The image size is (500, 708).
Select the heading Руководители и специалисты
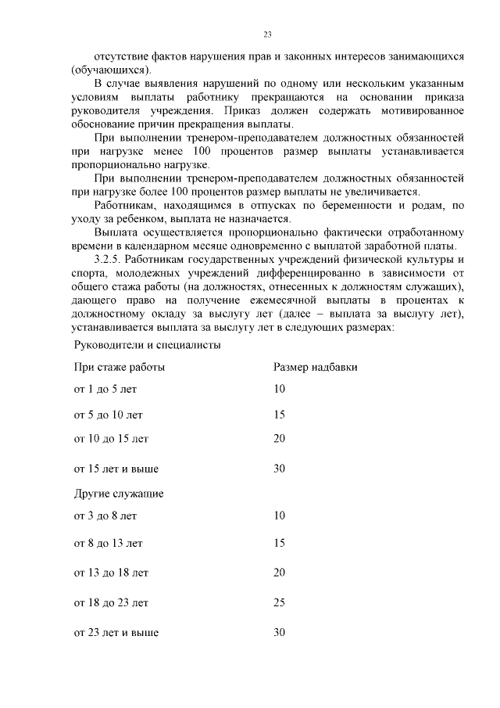[147, 344]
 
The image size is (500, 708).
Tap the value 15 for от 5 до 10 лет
[279, 415]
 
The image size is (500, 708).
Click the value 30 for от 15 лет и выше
[279, 469]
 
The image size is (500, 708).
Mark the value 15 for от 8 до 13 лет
[279, 542]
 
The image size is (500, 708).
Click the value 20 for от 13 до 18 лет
[279, 573]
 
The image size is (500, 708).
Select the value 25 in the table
[279, 602]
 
